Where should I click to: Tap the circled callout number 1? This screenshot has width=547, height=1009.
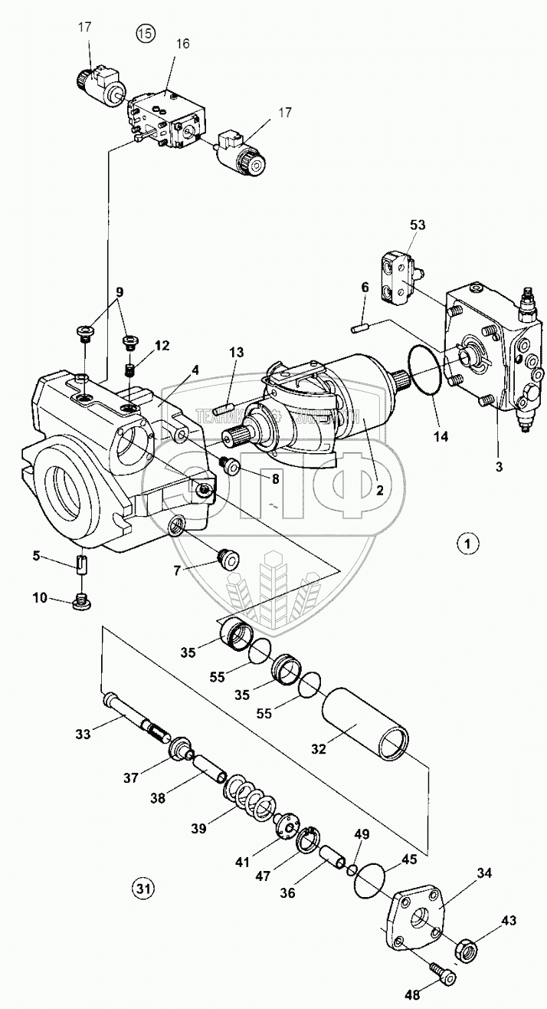click(x=468, y=544)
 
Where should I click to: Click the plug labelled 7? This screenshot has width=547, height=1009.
click(x=228, y=559)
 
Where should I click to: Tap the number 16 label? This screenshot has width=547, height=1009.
click(x=182, y=44)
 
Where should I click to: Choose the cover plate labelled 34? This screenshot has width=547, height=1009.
click(x=418, y=922)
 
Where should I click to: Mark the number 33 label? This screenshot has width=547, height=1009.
click(x=83, y=734)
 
